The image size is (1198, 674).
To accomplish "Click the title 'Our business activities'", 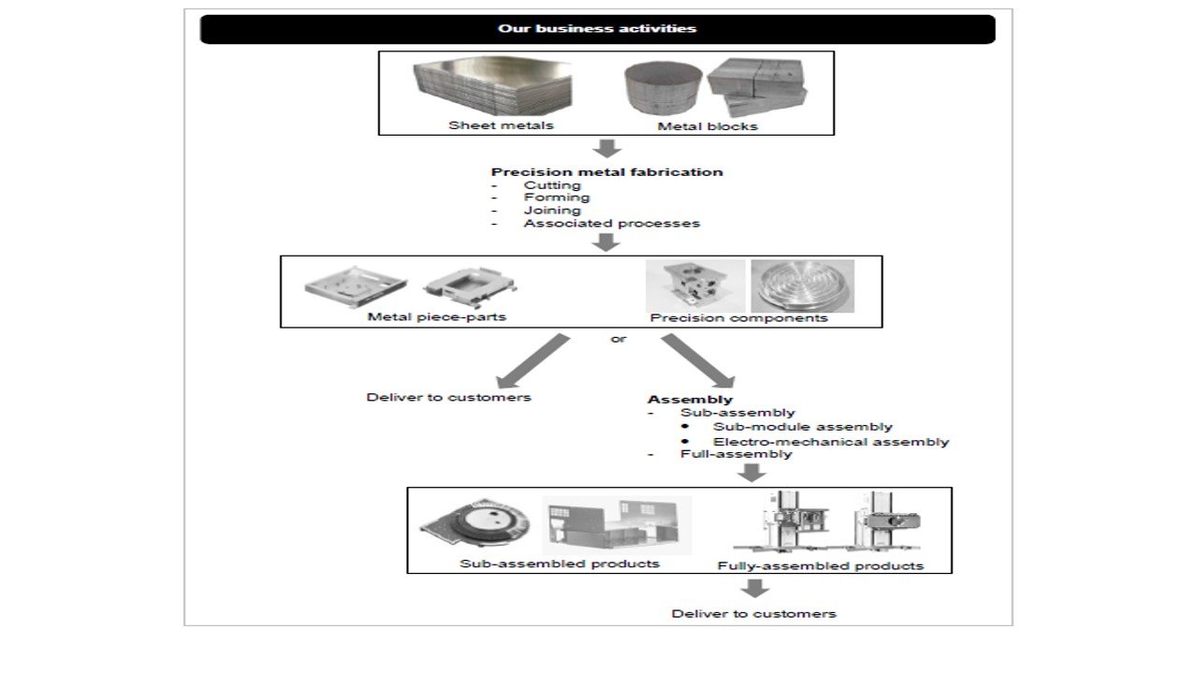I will click(597, 29).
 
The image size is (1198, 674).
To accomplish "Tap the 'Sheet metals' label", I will click(501, 125).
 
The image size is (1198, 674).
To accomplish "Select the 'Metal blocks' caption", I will click(707, 126).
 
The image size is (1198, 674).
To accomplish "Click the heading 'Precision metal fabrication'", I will click(606, 172).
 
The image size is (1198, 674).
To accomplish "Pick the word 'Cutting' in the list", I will click(552, 185).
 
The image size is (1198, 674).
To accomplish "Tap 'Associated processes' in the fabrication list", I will click(611, 224).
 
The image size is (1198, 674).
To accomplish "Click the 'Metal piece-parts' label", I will click(437, 316).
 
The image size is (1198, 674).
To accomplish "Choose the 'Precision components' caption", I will click(738, 317).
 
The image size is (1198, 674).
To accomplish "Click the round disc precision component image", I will click(802, 286).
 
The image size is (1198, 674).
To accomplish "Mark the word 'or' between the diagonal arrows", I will click(619, 339).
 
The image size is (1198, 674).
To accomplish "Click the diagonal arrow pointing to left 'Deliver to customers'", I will click(532, 360).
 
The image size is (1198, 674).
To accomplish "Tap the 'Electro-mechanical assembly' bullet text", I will click(830, 442).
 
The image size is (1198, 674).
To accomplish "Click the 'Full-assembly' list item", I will click(736, 454).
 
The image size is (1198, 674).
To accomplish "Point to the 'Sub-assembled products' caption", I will click(560, 564).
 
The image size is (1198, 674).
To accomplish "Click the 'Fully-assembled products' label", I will click(820, 565).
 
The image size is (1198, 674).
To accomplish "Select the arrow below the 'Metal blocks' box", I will click(608, 148).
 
